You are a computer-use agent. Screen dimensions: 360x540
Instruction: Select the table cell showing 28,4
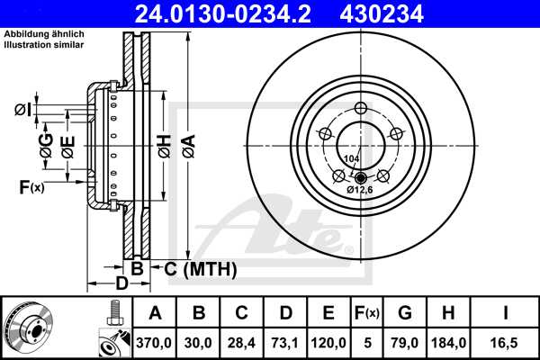(242, 341)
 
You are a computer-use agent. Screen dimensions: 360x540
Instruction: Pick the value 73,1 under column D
(285, 341)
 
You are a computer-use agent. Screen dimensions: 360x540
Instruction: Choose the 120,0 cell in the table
(329, 341)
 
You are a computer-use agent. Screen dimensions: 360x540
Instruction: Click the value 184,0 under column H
(447, 341)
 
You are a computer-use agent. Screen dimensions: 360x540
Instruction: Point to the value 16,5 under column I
(508, 341)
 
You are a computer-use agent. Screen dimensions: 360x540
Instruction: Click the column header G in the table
(404, 313)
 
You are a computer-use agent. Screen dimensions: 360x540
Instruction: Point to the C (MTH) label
(197, 268)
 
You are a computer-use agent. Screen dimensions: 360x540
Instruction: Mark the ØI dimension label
(22, 111)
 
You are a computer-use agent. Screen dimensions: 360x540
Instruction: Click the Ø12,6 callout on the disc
(360, 190)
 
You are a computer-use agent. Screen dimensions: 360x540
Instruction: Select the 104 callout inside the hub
(351, 158)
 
